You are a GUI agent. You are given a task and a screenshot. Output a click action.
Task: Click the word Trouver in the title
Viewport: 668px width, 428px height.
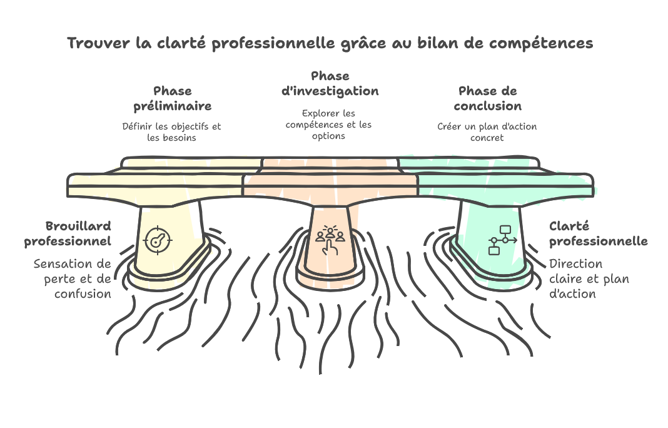coord(98,43)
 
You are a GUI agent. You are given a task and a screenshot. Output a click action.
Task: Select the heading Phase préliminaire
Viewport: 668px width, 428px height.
coord(173,98)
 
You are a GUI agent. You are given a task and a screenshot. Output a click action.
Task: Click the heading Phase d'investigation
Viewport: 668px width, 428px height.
coord(330,84)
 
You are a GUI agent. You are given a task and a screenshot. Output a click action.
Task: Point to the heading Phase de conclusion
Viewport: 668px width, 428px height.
coord(488,98)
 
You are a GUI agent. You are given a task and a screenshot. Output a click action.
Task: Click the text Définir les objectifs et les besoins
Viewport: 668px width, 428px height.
coord(171,132)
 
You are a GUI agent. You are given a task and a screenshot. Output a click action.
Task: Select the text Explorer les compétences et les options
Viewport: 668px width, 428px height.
coord(328,125)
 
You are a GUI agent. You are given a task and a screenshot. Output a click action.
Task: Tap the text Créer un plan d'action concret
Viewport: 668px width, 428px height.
coord(487,132)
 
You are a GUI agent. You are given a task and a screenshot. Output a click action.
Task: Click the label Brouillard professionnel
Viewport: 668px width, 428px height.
coord(68,233)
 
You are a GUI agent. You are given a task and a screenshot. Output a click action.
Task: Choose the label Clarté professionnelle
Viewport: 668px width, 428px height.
coord(598,233)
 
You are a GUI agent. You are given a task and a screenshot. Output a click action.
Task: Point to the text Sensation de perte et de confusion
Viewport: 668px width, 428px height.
coord(73,279)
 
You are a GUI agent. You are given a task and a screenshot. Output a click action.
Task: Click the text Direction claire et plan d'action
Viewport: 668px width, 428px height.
coord(589,279)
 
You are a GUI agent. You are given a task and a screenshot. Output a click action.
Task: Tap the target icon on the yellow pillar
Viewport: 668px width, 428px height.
coord(158,240)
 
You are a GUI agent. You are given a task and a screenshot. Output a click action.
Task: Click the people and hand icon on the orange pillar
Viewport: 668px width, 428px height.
coord(330,240)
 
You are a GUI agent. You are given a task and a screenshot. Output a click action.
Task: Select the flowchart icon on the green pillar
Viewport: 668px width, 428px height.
coord(502,240)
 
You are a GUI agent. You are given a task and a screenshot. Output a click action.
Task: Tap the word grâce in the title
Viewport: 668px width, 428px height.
coord(364,43)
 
